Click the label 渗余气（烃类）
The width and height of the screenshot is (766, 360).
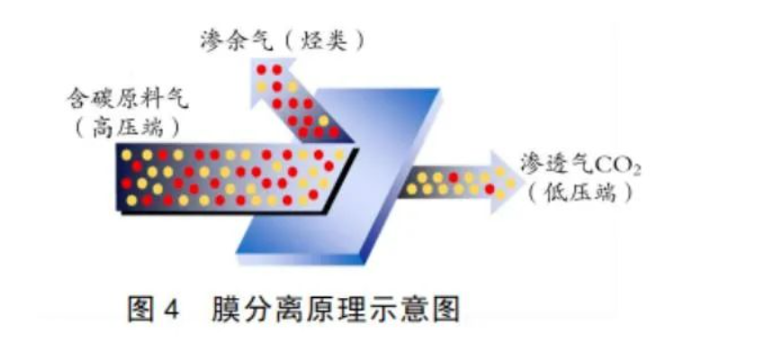[x=283, y=40]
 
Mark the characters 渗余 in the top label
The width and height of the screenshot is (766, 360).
[x=225, y=40]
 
